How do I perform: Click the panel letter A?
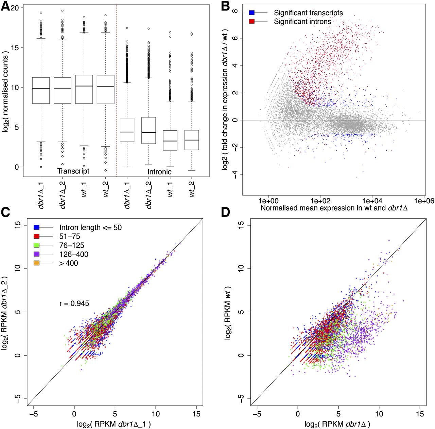5,7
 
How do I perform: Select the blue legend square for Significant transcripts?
251,13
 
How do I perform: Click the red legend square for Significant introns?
251,21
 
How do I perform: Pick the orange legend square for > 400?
37,263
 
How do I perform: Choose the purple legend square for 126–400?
37,254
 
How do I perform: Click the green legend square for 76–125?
37,245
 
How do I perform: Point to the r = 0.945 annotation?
74,303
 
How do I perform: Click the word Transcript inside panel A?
73,171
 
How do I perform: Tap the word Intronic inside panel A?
159,172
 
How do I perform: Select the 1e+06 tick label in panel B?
424,201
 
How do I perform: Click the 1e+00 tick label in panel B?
268,201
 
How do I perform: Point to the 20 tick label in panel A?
15,7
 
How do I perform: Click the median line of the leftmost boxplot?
41,88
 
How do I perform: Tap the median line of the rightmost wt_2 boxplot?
192,140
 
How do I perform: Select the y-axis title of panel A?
6,91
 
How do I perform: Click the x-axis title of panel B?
334,208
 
